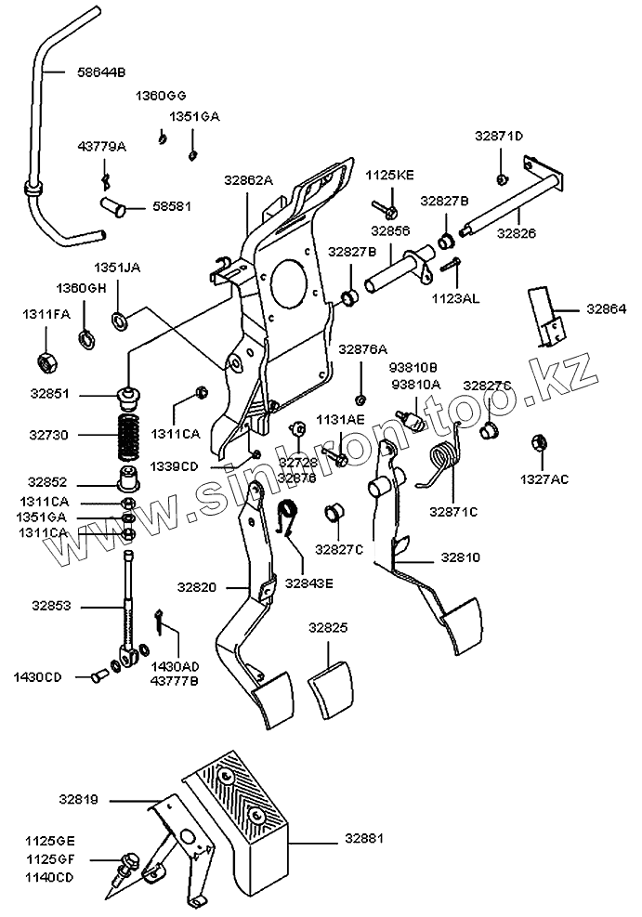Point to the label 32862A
click(248, 179)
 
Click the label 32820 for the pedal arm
click(197, 587)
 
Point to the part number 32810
click(461, 558)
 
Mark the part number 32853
click(51, 605)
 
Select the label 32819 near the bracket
click(79, 799)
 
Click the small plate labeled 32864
click(547, 314)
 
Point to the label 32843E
click(309, 583)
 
